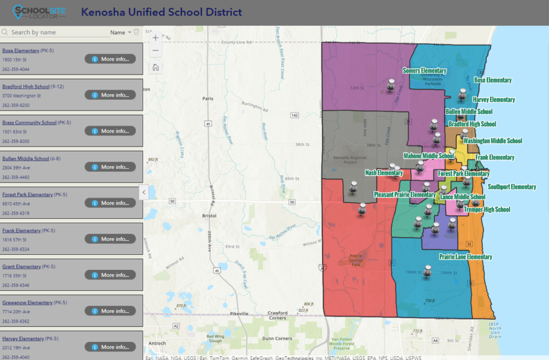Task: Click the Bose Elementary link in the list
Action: point(21,50)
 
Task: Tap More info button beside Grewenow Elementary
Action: point(110,311)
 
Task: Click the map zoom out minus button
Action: point(155,50)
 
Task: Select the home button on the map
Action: point(155,67)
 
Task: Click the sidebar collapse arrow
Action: point(144,192)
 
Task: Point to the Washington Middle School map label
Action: point(492,141)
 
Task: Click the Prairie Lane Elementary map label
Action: point(465,257)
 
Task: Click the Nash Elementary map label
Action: point(383,173)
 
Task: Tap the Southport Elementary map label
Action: point(511,187)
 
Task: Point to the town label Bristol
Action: point(209,215)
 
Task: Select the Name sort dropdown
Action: point(121,33)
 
